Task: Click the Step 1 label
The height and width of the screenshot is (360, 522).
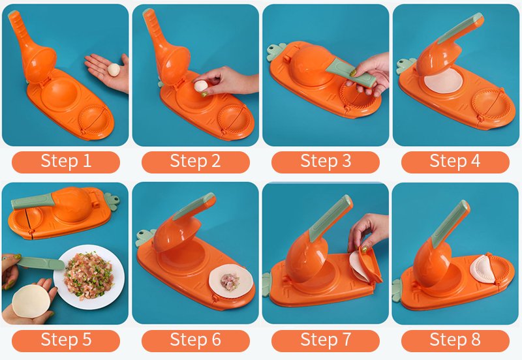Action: pos(66,162)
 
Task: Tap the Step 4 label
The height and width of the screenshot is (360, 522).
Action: pos(455,162)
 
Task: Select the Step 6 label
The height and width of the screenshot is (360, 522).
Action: pos(195,340)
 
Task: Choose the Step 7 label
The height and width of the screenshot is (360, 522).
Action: pos(325,340)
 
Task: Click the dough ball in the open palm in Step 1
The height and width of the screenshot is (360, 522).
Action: pos(114,70)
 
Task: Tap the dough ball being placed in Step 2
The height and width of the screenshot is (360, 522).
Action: pos(201,86)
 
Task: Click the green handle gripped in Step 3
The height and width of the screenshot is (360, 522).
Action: pos(350,72)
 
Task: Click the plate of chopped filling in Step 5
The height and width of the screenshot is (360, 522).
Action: pos(89,277)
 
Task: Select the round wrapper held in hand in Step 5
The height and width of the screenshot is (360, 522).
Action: pos(31,301)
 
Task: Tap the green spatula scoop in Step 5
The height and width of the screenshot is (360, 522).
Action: pos(40,263)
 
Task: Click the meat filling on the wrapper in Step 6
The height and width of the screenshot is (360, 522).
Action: pos(230,282)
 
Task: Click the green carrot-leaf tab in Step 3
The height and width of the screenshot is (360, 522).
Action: pos(275,52)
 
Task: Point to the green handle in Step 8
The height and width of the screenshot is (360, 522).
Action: pos(450,220)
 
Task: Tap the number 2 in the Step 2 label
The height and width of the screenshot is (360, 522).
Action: pos(215,161)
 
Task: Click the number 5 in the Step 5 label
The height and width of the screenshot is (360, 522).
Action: pos(86,340)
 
